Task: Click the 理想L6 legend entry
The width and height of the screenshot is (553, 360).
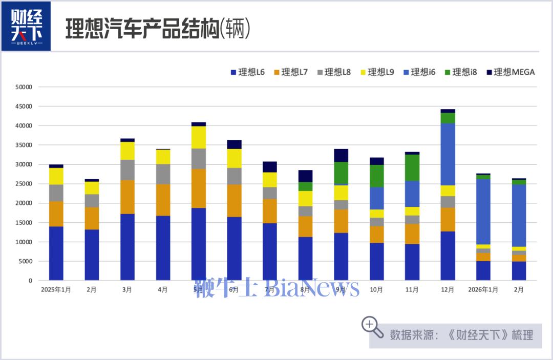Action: pos(248,72)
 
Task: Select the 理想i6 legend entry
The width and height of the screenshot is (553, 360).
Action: pos(419,72)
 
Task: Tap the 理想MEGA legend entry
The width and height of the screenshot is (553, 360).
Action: pos(510,72)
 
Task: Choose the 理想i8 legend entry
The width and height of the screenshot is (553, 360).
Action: pos(460,72)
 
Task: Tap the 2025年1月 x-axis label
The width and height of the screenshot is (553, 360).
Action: pos(56,289)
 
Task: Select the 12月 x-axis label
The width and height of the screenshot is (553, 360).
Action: pos(448,289)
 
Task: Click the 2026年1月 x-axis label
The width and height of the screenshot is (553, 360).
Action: pos(483,289)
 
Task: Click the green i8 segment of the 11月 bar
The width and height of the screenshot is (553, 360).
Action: pos(412,167)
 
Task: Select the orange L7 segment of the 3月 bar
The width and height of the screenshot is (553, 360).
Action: pos(127,197)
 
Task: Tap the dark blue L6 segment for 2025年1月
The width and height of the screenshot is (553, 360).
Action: pos(56,253)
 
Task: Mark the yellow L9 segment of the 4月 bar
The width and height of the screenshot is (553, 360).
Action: pos(163,157)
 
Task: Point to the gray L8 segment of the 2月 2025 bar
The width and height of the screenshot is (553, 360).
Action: pos(92,201)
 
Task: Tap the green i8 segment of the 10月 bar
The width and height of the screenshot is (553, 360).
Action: pos(376,176)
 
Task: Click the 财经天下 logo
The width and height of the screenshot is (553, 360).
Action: pos(26,26)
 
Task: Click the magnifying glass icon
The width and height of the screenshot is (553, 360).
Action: pos(372,327)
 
